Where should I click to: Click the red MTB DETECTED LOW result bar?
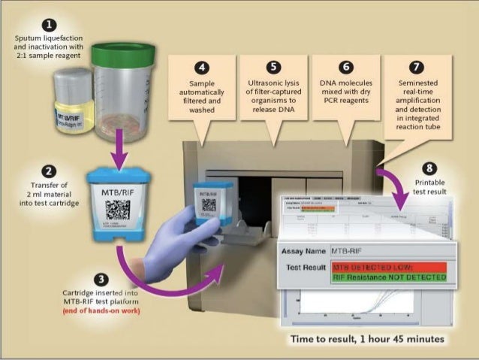[390, 266]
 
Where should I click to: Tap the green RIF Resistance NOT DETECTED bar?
[390, 277]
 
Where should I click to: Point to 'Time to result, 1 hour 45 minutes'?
[367, 339]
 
